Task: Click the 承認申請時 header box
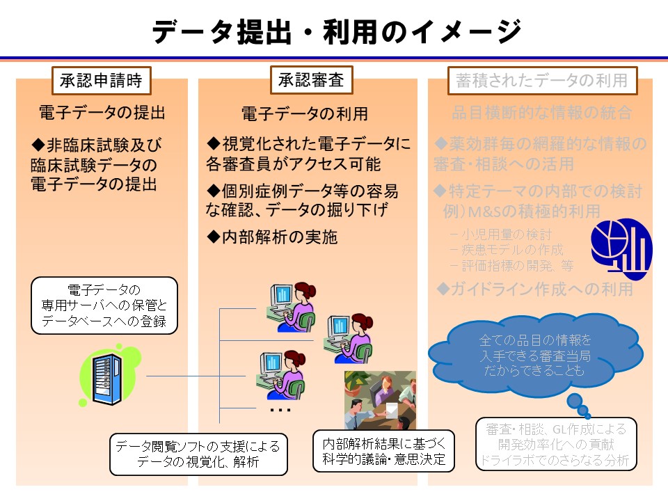click(x=102, y=81)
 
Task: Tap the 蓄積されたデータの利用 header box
click(x=542, y=81)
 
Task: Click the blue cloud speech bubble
click(x=535, y=355)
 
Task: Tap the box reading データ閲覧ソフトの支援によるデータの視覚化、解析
click(x=198, y=454)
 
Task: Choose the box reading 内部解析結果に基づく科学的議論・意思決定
click(x=384, y=450)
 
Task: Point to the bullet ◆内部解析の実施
click(x=273, y=237)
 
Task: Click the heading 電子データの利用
click(x=305, y=113)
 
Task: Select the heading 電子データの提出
click(x=102, y=112)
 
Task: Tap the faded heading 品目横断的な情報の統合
click(x=542, y=112)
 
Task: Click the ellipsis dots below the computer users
click(x=280, y=411)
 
